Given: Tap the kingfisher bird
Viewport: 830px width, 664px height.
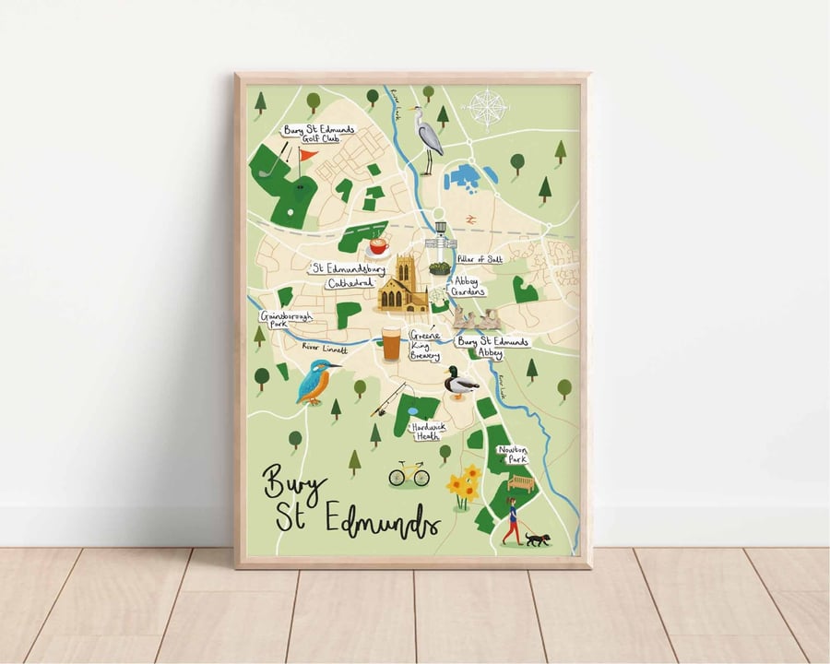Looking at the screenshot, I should pos(314,380).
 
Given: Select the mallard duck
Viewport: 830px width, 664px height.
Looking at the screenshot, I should pos(459,382).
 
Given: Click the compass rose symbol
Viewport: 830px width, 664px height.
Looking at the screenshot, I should pos(486,109).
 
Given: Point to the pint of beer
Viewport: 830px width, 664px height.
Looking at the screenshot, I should pos(391,344).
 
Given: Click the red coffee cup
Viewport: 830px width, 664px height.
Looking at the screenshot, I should pos(377,247).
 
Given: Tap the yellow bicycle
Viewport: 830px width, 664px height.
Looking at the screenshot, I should pos(409,474).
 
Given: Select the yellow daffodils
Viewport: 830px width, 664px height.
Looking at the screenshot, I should pos(463,486).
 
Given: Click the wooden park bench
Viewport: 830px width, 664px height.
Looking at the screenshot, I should pos(521,482).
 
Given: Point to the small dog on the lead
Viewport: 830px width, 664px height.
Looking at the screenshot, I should pos(537,539).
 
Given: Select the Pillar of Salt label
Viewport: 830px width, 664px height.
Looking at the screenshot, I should pos(480,260).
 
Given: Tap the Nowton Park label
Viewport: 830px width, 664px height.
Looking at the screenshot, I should pos(514,454).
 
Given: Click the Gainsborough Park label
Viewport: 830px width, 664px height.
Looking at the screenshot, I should pos(286,319).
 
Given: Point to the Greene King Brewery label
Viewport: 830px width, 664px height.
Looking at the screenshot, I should pos(424,345).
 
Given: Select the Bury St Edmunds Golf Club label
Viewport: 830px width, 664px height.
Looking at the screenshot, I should pos(319,135).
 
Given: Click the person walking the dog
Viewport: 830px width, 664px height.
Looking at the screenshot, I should pos(511,522).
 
